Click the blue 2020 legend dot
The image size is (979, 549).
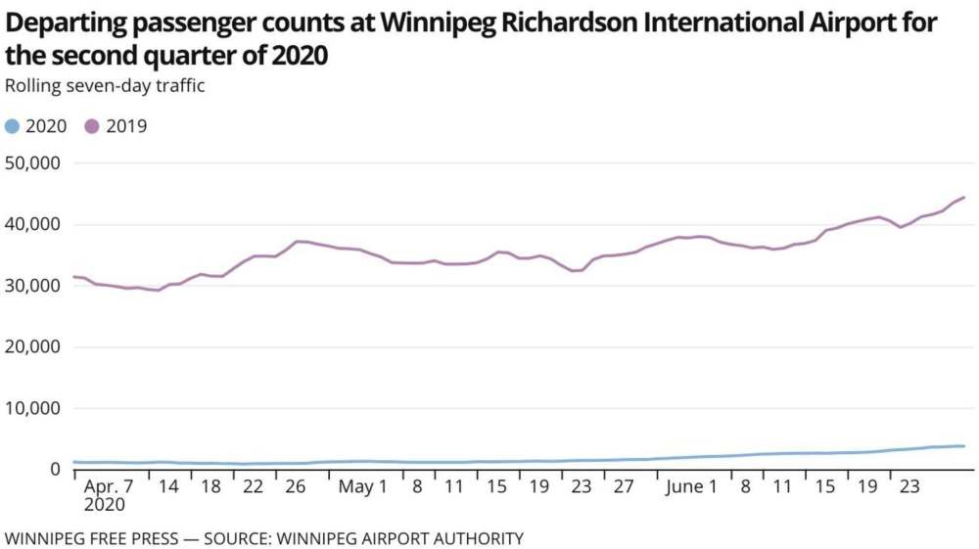point(12,126)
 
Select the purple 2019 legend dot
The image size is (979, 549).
point(92,126)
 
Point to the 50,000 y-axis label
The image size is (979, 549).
point(33,162)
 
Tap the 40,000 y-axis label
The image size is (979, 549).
point(33,224)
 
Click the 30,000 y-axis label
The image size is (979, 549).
point(33,286)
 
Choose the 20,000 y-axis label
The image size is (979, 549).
point(33,346)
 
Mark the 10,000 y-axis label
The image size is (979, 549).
point(33,408)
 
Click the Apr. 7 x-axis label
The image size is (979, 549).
point(110,487)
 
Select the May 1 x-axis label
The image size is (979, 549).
point(362,487)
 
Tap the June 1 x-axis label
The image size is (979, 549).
point(691,487)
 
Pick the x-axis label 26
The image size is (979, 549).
point(295,487)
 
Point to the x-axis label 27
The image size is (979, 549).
point(624,487)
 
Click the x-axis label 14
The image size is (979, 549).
point(168,487)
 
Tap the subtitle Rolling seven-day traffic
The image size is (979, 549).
point(105,86)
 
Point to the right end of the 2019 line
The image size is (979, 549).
point(964,198)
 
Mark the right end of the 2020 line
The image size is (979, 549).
point(964,446)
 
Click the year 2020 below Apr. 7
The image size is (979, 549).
point(105,506)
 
